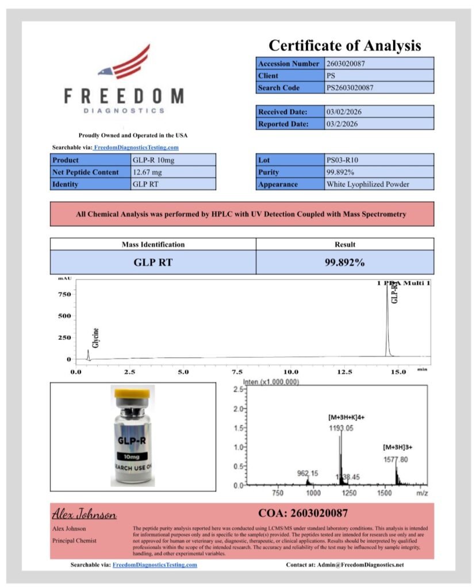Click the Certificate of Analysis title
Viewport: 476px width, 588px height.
(x=344, y=45)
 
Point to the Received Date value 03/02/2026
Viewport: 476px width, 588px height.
(x=344, y=112)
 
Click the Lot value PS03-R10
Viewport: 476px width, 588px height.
(x=343, y=160)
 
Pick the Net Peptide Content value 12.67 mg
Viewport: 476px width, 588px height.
(x=149, y=172)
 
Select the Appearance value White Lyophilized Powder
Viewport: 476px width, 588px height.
(x=367, y=184)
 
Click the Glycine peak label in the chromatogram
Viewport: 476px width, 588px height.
(x=96, y=338)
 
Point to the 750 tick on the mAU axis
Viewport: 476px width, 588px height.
(x=64, y=295)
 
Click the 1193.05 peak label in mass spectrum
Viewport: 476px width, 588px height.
(x=341, y=428)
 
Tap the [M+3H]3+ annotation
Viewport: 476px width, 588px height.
(x=398, y=447)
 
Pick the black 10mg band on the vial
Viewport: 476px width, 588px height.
(x=132, y=456)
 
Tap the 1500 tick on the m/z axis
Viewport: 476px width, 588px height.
(x=385, y=493)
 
